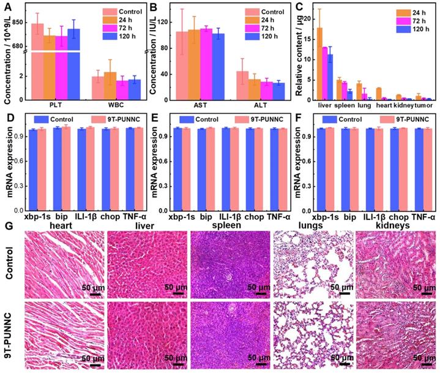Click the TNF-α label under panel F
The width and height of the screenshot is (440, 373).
click(x=423, y=217)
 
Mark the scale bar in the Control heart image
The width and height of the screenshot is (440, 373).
click(x=95, y=293)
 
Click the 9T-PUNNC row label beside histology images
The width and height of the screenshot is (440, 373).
click(x=8, y=334)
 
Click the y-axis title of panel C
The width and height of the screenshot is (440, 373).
click(x=299, y=53)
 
